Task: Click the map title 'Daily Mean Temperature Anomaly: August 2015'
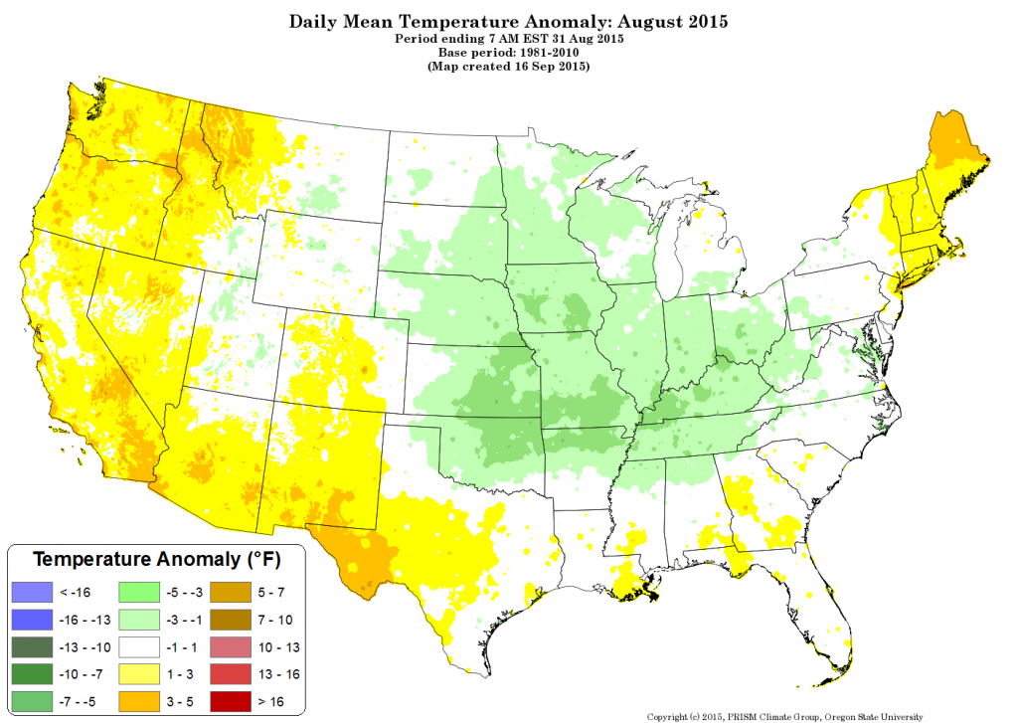[x=509, y=20]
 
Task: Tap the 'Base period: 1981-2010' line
[x=509, y=52]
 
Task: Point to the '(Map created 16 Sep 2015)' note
[x=509, y=67]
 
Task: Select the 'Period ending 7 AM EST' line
[x=509, y=38]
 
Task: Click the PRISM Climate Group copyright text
[x=785, y=715]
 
